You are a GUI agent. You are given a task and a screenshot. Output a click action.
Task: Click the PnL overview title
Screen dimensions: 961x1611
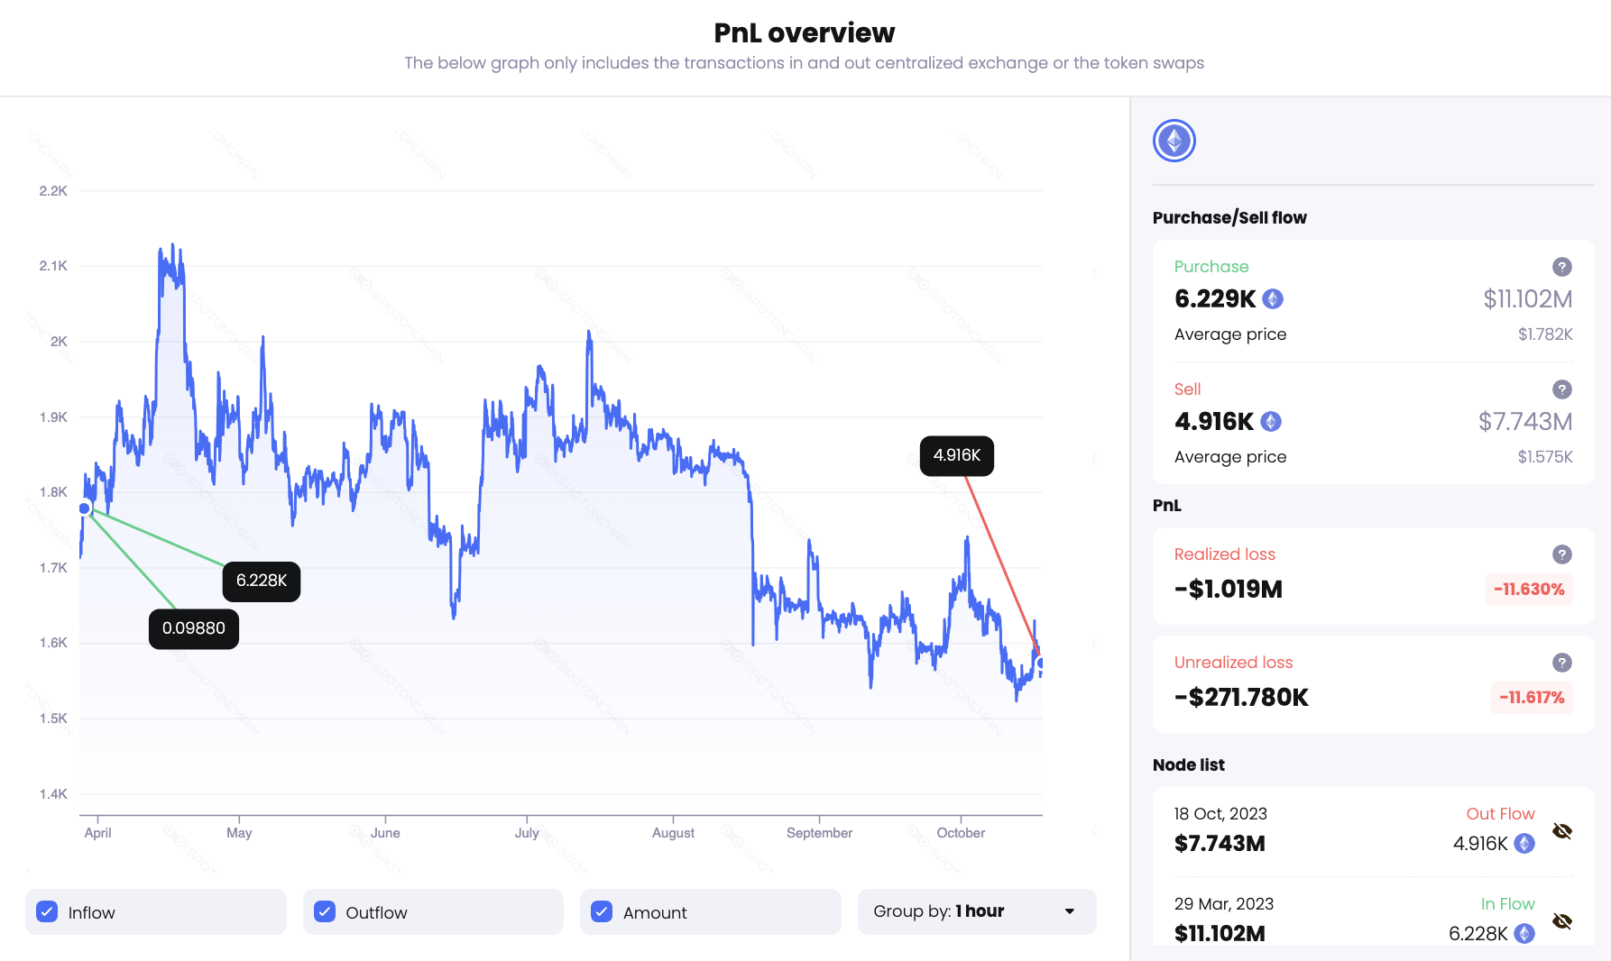pyautogui.click(x=804, y=33)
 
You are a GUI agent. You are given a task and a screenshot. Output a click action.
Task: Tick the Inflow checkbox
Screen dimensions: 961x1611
pyautogui.click(x=47, y=911)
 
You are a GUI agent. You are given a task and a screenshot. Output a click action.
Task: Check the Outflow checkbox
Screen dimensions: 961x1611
pyautogui.click(x=325, y=911)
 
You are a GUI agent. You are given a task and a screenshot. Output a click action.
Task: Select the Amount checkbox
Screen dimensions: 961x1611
pyautogui.click(x=602, y=911)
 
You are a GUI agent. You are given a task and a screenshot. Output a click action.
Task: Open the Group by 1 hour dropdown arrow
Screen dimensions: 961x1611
pyautogui.click(x=1070, y=911)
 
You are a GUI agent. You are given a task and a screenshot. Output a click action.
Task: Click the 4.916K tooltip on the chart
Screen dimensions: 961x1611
pyautogui.click(x=956, y=455)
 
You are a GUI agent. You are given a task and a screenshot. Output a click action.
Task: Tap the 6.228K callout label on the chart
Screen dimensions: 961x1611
pyautogui.click(x=262, y=581)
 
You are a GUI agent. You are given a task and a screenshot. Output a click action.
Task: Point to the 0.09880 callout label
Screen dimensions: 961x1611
pyautogui.click(x=194, y=628)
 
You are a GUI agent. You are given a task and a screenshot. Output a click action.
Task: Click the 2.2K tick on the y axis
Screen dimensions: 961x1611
pyautogui.click(x=53, y=191)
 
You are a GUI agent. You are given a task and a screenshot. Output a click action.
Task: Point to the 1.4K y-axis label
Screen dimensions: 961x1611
pyautogui.click(x=53, y=794)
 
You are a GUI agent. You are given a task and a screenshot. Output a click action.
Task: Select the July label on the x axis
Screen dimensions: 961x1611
pyautogui.click(x=527, y=833)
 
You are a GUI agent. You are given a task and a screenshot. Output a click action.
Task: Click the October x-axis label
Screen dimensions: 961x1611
pyautogui.click(x=961, y=833)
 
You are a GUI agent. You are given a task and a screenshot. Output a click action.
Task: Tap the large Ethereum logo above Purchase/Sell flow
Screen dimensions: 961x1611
pyautogui.click(x=1174, y=141)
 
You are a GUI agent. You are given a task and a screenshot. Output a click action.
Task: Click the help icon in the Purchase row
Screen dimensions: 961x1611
pyautogui.click(x=1562, y=267)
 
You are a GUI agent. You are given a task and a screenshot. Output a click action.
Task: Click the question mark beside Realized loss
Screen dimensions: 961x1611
pyautogui.click(x=1562, y=554)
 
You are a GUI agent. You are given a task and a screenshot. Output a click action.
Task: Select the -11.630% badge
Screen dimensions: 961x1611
pyautogui.click(x=1529, y=590)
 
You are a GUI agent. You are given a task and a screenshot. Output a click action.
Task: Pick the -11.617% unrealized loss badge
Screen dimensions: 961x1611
pyautogui.click(x=1532, y=698)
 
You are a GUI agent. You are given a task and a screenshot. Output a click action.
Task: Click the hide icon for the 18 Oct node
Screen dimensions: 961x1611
pyautogui.click(x=1562, y=831)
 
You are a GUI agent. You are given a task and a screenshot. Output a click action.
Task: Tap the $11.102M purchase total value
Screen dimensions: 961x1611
pyautogui.click(x=1528, y=298)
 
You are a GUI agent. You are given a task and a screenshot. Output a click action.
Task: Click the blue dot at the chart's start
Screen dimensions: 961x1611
pyautogui.click(x=85, y=508)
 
